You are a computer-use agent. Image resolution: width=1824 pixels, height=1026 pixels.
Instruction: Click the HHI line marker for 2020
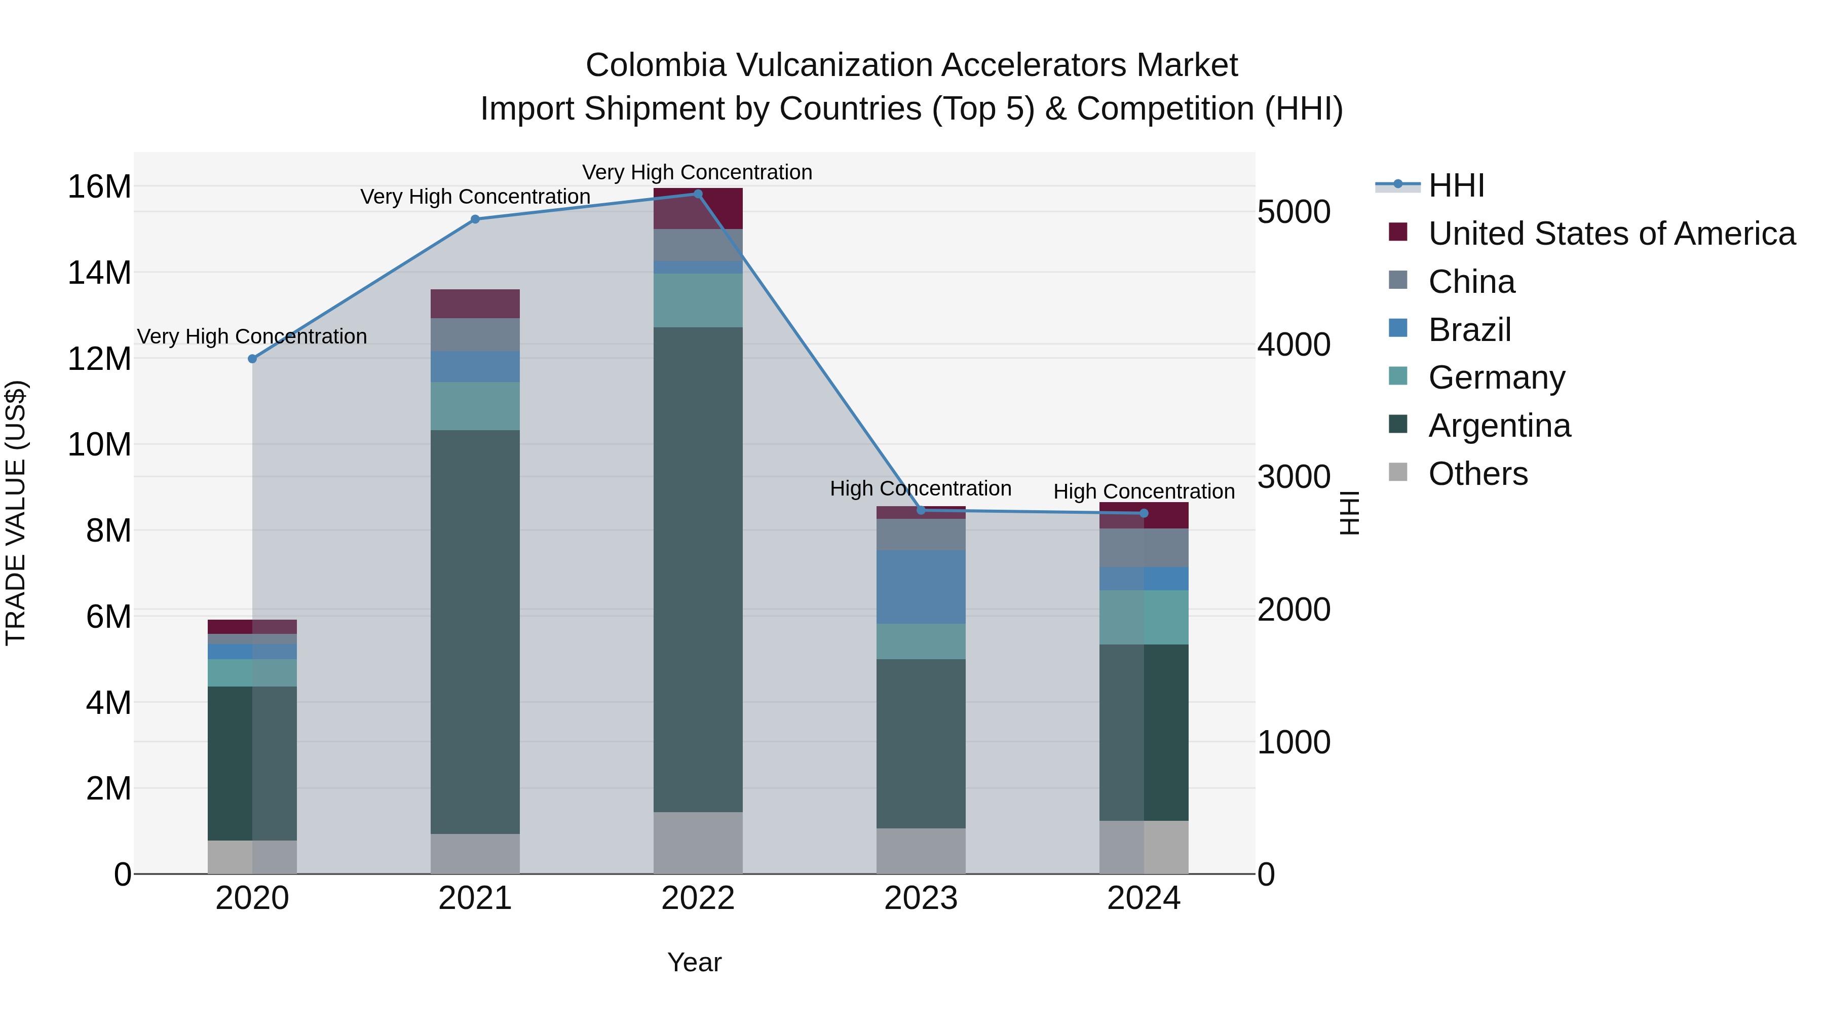pos(252,359)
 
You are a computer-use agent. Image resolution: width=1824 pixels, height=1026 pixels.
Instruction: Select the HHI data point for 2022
pos(698,194)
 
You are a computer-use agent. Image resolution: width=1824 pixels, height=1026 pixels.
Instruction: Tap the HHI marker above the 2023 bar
pos(921,510)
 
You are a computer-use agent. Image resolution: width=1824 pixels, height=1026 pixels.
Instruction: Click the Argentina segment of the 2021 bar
pos(475,632)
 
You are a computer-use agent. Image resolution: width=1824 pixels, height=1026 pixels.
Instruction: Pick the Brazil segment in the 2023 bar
pos(921,587)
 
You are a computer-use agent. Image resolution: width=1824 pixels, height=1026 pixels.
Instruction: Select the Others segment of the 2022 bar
pos(698,843)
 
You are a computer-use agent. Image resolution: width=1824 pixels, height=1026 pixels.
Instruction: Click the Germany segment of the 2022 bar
pos(698,300)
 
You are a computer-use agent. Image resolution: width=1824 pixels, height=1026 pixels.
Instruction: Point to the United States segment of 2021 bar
pos(475,304)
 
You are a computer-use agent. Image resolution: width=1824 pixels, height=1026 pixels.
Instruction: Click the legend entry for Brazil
pos(1469,330)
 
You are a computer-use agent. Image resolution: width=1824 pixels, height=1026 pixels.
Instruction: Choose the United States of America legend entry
pos(1611,234)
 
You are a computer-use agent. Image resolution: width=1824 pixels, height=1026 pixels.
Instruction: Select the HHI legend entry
pos(1455,185)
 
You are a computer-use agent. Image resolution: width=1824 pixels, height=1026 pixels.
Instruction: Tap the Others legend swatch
pos(1398,472)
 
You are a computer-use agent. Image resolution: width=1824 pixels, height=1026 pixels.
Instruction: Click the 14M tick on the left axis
pos(99,273)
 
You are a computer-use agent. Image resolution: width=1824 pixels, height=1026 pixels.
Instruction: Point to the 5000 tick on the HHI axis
pos(1294,212)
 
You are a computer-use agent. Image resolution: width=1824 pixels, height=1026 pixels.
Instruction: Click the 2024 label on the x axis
pos(1144,898)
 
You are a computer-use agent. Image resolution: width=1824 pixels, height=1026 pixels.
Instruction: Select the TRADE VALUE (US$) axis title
pos(16,513)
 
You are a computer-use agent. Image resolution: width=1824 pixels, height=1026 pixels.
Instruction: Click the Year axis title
pos(694,962)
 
